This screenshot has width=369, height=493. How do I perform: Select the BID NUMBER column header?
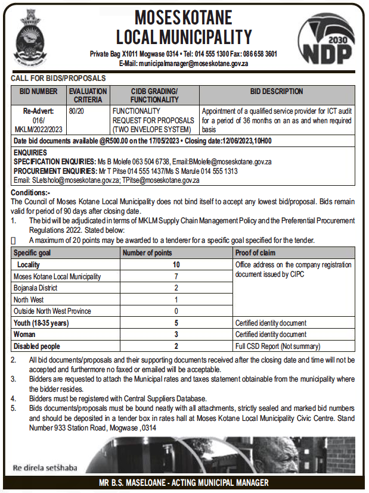[x=38, y=92]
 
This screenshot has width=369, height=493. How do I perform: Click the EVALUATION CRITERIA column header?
[x=88, y=95]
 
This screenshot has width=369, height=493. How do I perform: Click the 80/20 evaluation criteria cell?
[x=76, y=111]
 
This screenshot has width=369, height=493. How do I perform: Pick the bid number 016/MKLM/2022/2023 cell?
[x=38, y=120]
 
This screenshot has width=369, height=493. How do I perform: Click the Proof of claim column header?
[x=255, y=253]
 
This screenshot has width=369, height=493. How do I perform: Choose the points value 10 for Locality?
[x=176, y=264]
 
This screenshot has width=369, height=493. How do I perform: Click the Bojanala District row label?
[x=35, y=288]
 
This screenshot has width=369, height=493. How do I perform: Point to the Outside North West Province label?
[x=52, y=311]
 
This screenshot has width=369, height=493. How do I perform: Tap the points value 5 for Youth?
[x=176, y=323]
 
